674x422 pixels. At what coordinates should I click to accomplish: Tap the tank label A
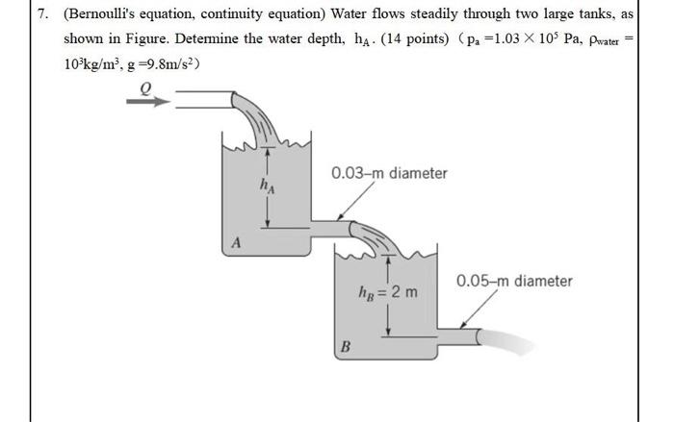[234, 243]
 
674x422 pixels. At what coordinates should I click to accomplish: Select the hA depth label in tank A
[267, 185]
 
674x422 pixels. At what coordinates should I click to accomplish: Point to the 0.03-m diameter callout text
[389, 174]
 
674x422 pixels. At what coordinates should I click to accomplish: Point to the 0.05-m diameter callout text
[514, 282]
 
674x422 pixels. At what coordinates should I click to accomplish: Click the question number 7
[41, 14]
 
